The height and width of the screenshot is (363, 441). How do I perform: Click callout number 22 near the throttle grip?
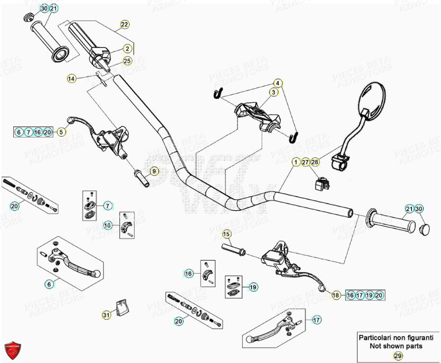coord(124,25)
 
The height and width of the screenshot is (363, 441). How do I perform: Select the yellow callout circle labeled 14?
coord(72,79)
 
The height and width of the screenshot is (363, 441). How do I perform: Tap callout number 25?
coord(128,61)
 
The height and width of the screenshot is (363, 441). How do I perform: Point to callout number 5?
coord(61,132)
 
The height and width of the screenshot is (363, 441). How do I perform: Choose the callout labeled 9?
coord(154,171)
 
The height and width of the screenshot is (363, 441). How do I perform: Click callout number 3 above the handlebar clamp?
coord(274,92)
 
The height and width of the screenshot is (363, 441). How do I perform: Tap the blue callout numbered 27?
coord(305,162)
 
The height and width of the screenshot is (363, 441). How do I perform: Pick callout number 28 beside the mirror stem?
coord(315,162)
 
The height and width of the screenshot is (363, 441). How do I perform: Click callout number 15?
coord(226,234)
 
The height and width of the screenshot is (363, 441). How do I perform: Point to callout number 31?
coord(107,315)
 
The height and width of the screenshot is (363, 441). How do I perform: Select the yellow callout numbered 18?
coord(335,296)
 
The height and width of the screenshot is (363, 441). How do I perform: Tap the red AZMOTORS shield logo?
coord(13,349)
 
